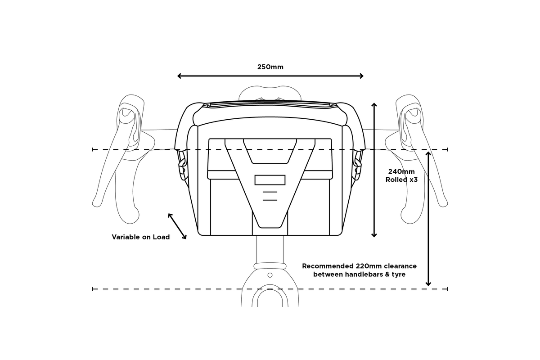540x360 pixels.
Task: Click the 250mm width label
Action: pos(270,67)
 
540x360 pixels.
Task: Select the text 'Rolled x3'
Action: pos(401,180)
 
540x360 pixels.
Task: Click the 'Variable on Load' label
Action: pos(141,237)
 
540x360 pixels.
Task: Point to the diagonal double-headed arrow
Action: pos(177,226)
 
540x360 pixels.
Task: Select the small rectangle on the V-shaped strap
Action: pos(270,180)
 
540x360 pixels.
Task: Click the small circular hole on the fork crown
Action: pos(270,275)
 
